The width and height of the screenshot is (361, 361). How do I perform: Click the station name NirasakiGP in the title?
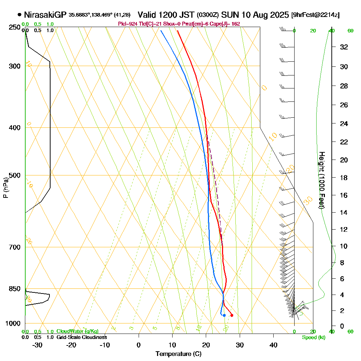tap(45, 15)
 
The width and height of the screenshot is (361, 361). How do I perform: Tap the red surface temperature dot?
tap(232, 315)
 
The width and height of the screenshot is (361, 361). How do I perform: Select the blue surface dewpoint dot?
tap(224, 315)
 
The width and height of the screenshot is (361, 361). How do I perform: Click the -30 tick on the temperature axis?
tap(38, 345)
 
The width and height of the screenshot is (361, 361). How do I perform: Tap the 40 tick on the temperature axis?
tap(273, 345)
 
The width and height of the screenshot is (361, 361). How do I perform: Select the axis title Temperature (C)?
tap(178, 354)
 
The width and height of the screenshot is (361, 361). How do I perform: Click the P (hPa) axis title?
tap(5, 187)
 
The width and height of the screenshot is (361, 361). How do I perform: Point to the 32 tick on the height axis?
tap(344, 47)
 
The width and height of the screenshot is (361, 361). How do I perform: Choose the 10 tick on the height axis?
tap(344, 246)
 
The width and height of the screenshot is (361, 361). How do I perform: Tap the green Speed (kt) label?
tap(313, 337)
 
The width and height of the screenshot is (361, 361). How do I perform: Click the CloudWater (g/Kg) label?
tap(77, 331)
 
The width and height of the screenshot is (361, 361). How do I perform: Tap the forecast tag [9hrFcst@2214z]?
tap(315, 15)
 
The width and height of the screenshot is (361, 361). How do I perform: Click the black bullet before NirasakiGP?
tap(19, 15)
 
